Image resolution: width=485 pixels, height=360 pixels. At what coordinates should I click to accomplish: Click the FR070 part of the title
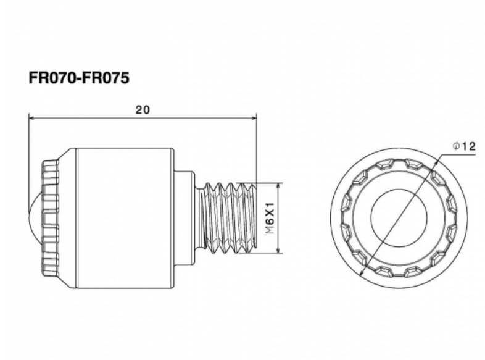click(x=51, y=78)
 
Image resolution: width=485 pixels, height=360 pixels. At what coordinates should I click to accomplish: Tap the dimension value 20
click(x=142, y=109)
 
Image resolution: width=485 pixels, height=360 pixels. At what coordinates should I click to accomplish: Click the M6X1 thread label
click(x=270, y=218)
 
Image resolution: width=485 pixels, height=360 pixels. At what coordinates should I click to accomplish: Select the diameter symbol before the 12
click(x=455, y=147)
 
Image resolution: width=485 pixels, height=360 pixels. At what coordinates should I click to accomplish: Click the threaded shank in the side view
click(x=228, y=218)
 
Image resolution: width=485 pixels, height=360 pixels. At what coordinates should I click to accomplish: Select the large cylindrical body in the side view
click(x=123, y=218)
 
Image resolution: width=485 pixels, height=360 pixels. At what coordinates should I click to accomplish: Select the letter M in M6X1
click(x=270, y=233)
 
